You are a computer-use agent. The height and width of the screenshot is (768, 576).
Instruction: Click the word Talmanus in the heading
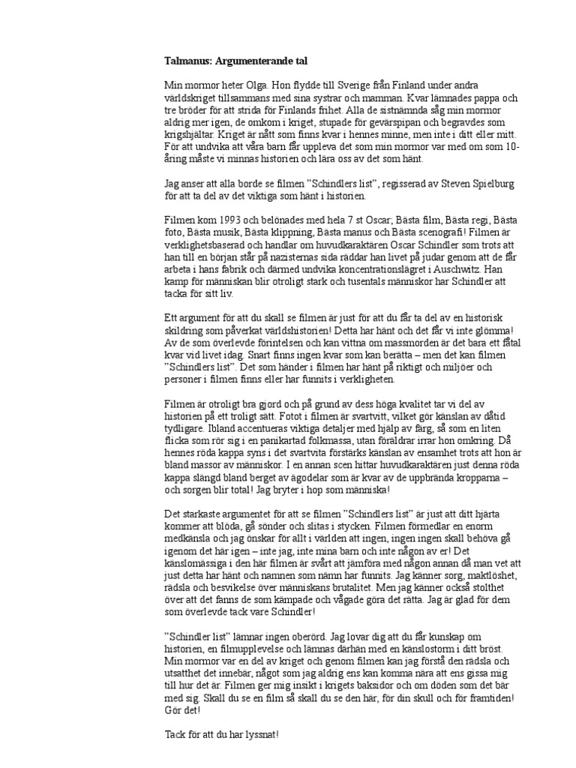coord(187,59)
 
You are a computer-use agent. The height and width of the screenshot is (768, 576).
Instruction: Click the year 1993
coord(232,221)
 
